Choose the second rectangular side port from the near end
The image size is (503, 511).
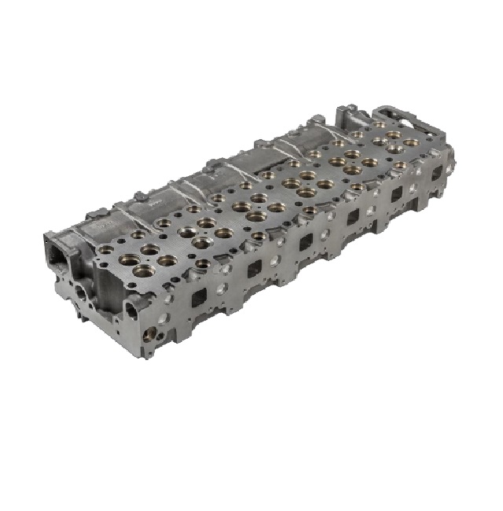(x=254, y=270)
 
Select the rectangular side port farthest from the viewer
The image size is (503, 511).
(x=435, y=169)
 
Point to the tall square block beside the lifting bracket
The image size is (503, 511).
(x=351, y=122)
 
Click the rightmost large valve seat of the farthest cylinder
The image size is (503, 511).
(x=410, y=144)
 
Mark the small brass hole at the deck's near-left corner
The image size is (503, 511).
(x=105, y=249)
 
